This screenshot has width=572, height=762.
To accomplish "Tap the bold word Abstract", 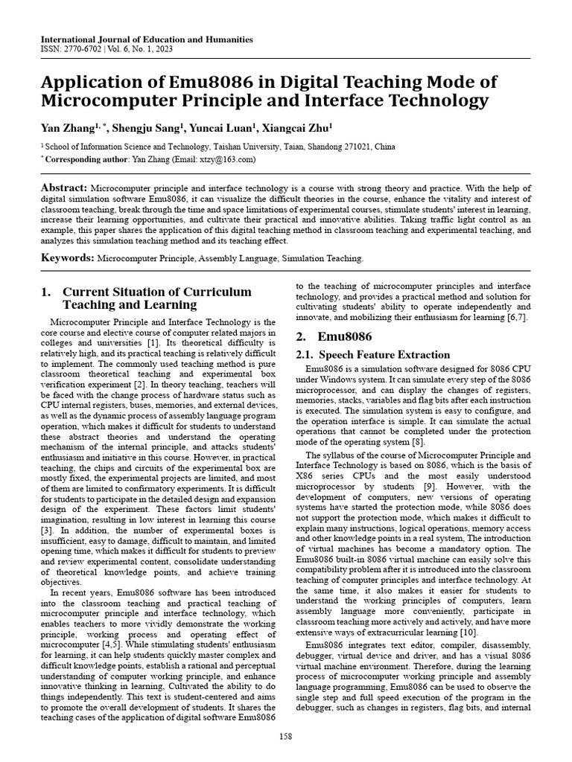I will (x=65, y=188).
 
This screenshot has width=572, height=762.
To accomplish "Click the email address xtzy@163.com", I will (x=232, y=159).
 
